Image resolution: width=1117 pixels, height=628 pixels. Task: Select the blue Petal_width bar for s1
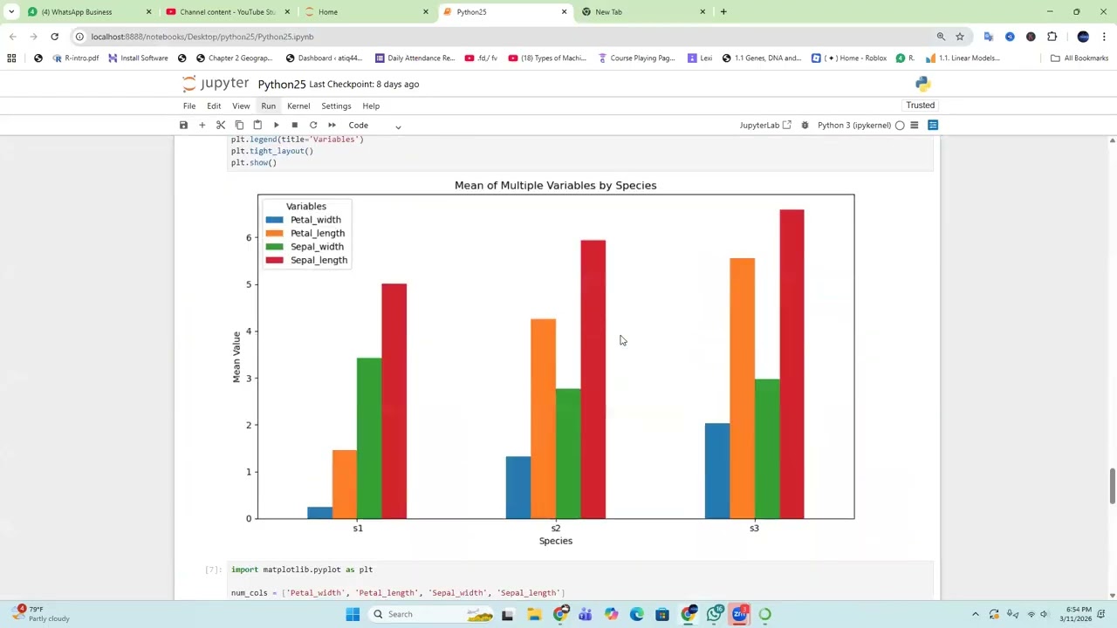(319, 513)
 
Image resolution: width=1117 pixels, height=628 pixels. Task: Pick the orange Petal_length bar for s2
(543, 419)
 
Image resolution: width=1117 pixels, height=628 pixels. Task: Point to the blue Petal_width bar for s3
(717, 471)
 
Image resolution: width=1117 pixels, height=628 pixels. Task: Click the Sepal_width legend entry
(317, 247)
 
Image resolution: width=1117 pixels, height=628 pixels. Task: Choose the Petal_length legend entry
(317, 233)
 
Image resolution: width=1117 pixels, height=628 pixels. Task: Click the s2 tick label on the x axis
(556, 528)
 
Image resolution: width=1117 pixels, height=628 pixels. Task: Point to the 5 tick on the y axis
(249, 284)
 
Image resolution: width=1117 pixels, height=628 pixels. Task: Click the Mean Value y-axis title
(236, 357)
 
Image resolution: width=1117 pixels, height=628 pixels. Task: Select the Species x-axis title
(556, 541)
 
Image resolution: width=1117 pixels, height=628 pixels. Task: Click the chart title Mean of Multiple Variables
(555, 185)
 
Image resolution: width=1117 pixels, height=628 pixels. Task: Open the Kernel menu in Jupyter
(298, 106)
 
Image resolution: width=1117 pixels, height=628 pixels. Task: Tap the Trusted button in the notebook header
(920, 105)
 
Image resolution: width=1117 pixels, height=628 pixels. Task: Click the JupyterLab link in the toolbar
(764, 126)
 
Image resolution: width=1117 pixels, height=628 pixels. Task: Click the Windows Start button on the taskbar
(353, 614)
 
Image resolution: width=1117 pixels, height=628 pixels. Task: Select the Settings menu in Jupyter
(336, 106)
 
